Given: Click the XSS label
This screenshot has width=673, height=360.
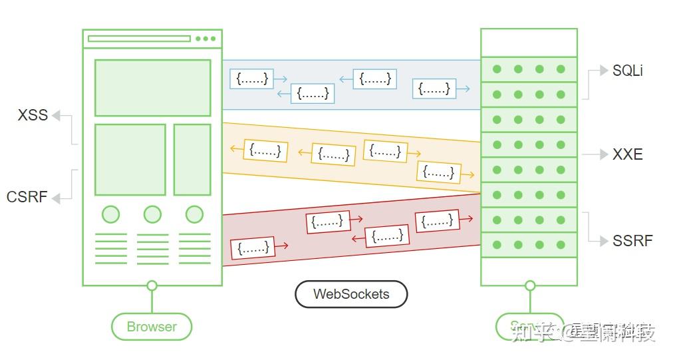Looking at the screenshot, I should coord(33,115).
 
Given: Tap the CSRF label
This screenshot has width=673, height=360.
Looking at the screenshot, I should coord(27,197).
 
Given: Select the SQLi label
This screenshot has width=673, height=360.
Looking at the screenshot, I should coord(627,71).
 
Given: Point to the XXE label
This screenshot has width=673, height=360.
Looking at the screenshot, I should coord(627,154).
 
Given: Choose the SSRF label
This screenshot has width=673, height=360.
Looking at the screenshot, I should coord(632,240).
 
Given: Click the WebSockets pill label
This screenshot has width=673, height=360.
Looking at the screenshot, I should coord(351,294).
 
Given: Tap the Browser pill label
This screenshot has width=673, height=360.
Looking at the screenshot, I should coord(152,327).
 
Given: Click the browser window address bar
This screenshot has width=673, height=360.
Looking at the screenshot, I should coord(139,39).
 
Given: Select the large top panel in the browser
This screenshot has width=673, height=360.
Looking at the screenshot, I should coord(152,88).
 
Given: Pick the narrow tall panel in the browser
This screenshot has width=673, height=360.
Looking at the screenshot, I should coord(192,159).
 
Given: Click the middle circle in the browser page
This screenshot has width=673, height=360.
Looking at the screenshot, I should coord(152,214).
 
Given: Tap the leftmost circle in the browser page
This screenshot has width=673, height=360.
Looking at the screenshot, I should coord(111,214).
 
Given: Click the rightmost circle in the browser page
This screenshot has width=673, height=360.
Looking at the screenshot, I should coord(194,214).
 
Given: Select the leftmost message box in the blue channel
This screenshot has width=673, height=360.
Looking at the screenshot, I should coord(252,79).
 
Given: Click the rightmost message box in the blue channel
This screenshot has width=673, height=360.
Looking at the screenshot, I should coord(434,89).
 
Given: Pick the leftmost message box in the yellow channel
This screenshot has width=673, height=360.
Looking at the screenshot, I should coord(265,151).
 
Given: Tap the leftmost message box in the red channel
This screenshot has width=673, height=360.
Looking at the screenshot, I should coord(253,248).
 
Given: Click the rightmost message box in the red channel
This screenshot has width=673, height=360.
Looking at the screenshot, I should coord(437,221).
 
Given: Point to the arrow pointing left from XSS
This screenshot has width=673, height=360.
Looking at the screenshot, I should coord(57,116).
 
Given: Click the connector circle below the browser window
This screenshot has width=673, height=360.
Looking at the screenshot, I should coord(152,286).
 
